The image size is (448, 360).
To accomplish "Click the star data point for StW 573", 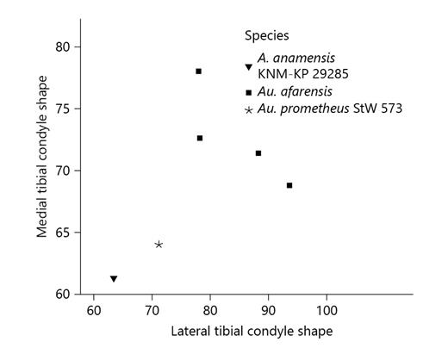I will coord(159,245).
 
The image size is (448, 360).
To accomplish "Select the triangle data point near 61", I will coord(114,278).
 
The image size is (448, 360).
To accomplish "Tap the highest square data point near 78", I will coord(198,71).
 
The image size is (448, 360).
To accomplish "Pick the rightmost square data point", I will coord(289,185).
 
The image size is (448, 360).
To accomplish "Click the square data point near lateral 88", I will coord(258,153).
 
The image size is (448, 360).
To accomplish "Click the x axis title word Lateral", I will coord(191,331).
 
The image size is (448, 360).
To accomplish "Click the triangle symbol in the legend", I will coord(249,66).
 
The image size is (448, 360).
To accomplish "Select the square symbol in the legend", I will coord(249,92).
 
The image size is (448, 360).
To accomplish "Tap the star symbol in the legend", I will coord(249,109).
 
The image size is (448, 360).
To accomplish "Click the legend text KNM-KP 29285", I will coord(298,73).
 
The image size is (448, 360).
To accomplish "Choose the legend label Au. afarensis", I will coord(290,92).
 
